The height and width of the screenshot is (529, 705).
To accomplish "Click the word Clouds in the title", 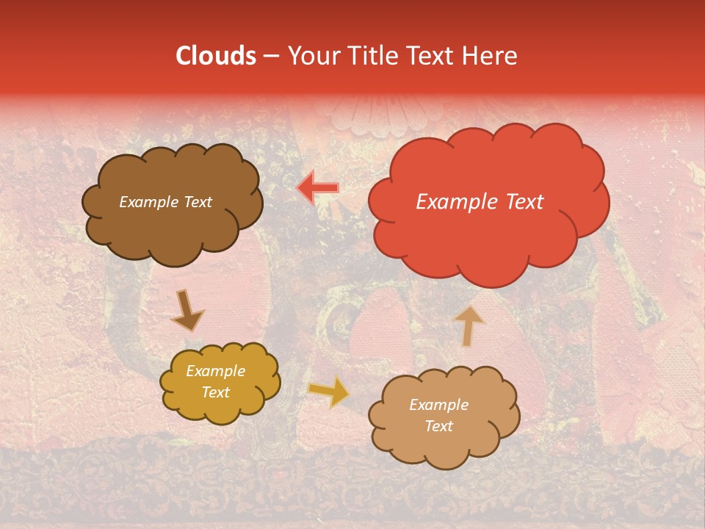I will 216,56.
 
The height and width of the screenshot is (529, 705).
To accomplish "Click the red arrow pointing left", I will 318,188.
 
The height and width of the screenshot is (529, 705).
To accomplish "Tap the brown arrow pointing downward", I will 188,311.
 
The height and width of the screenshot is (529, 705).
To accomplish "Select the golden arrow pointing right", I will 329,392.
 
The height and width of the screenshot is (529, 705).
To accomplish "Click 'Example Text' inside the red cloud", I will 480,202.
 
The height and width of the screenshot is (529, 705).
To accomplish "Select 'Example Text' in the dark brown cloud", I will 165,202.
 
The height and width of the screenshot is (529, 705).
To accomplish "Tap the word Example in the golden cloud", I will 215,371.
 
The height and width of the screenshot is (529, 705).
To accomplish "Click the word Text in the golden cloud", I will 215,392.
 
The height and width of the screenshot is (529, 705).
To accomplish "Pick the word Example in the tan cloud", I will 438,405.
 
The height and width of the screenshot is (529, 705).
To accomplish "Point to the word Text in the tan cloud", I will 438,426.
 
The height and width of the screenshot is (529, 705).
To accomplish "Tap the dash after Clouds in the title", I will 271,57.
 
